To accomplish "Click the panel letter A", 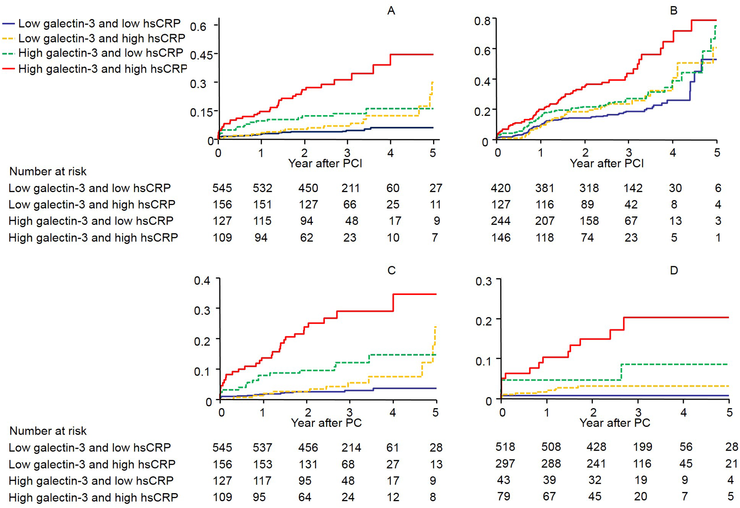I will click(x=391, y=11).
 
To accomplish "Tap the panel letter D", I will click(x=674, y=270).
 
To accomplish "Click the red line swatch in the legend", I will click(x=8, y=69).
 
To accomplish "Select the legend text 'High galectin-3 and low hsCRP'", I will click(x=101, y=53).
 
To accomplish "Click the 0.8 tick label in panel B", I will click(x=482, y=21).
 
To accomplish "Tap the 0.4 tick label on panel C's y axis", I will click(x=202, y=281).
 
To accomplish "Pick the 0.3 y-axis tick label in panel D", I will click(x=483, y=281).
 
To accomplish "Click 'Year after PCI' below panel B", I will click(x=607, y=163).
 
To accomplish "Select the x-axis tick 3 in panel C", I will click(x=349, y=412).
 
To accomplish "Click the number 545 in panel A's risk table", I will click(x=222, y=188).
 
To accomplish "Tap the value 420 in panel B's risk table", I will click(x=501, y=188).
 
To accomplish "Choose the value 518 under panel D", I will click(x=505, y=447).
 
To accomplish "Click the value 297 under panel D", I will click(x=505, y=464).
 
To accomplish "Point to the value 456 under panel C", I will click(x=308, y=447).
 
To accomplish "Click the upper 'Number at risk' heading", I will click(x=48, y=172).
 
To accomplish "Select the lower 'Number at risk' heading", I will click(x=48, y=431).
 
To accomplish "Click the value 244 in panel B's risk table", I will click(x=501, y=221).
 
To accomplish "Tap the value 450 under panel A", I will click(x=308, y=188).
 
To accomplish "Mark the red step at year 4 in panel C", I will click(x=393, y=303).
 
